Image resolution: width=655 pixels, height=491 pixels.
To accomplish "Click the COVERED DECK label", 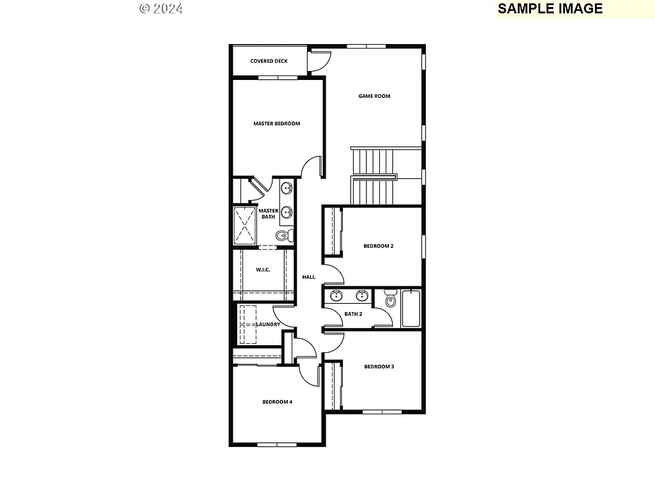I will point(269,61).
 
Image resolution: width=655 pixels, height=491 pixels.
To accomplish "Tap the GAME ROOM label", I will point(374,97).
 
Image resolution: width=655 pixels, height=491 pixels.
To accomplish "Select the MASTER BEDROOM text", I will point(276,124).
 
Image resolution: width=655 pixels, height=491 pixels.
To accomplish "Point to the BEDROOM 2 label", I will point(378,246).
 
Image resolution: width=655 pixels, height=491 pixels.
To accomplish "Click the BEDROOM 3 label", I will point(379,367).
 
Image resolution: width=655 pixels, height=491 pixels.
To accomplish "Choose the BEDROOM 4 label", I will point(277,402).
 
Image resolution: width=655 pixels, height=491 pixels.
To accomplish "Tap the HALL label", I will point(309,277).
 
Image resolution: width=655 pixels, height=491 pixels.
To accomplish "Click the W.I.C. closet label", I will point(263,270).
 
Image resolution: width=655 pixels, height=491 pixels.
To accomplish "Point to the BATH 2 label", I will point(353,314).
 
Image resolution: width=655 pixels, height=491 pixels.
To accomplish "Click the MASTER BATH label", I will point(268,214).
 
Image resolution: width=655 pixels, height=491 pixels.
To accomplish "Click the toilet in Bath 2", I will point(390,299).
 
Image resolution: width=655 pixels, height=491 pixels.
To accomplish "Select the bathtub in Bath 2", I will point(411,309).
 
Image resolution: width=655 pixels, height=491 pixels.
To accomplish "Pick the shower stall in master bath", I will point(244,225).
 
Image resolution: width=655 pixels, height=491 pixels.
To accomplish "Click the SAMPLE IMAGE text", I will point(550,8).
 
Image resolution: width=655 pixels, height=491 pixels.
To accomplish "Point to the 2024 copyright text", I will point(161,8).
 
